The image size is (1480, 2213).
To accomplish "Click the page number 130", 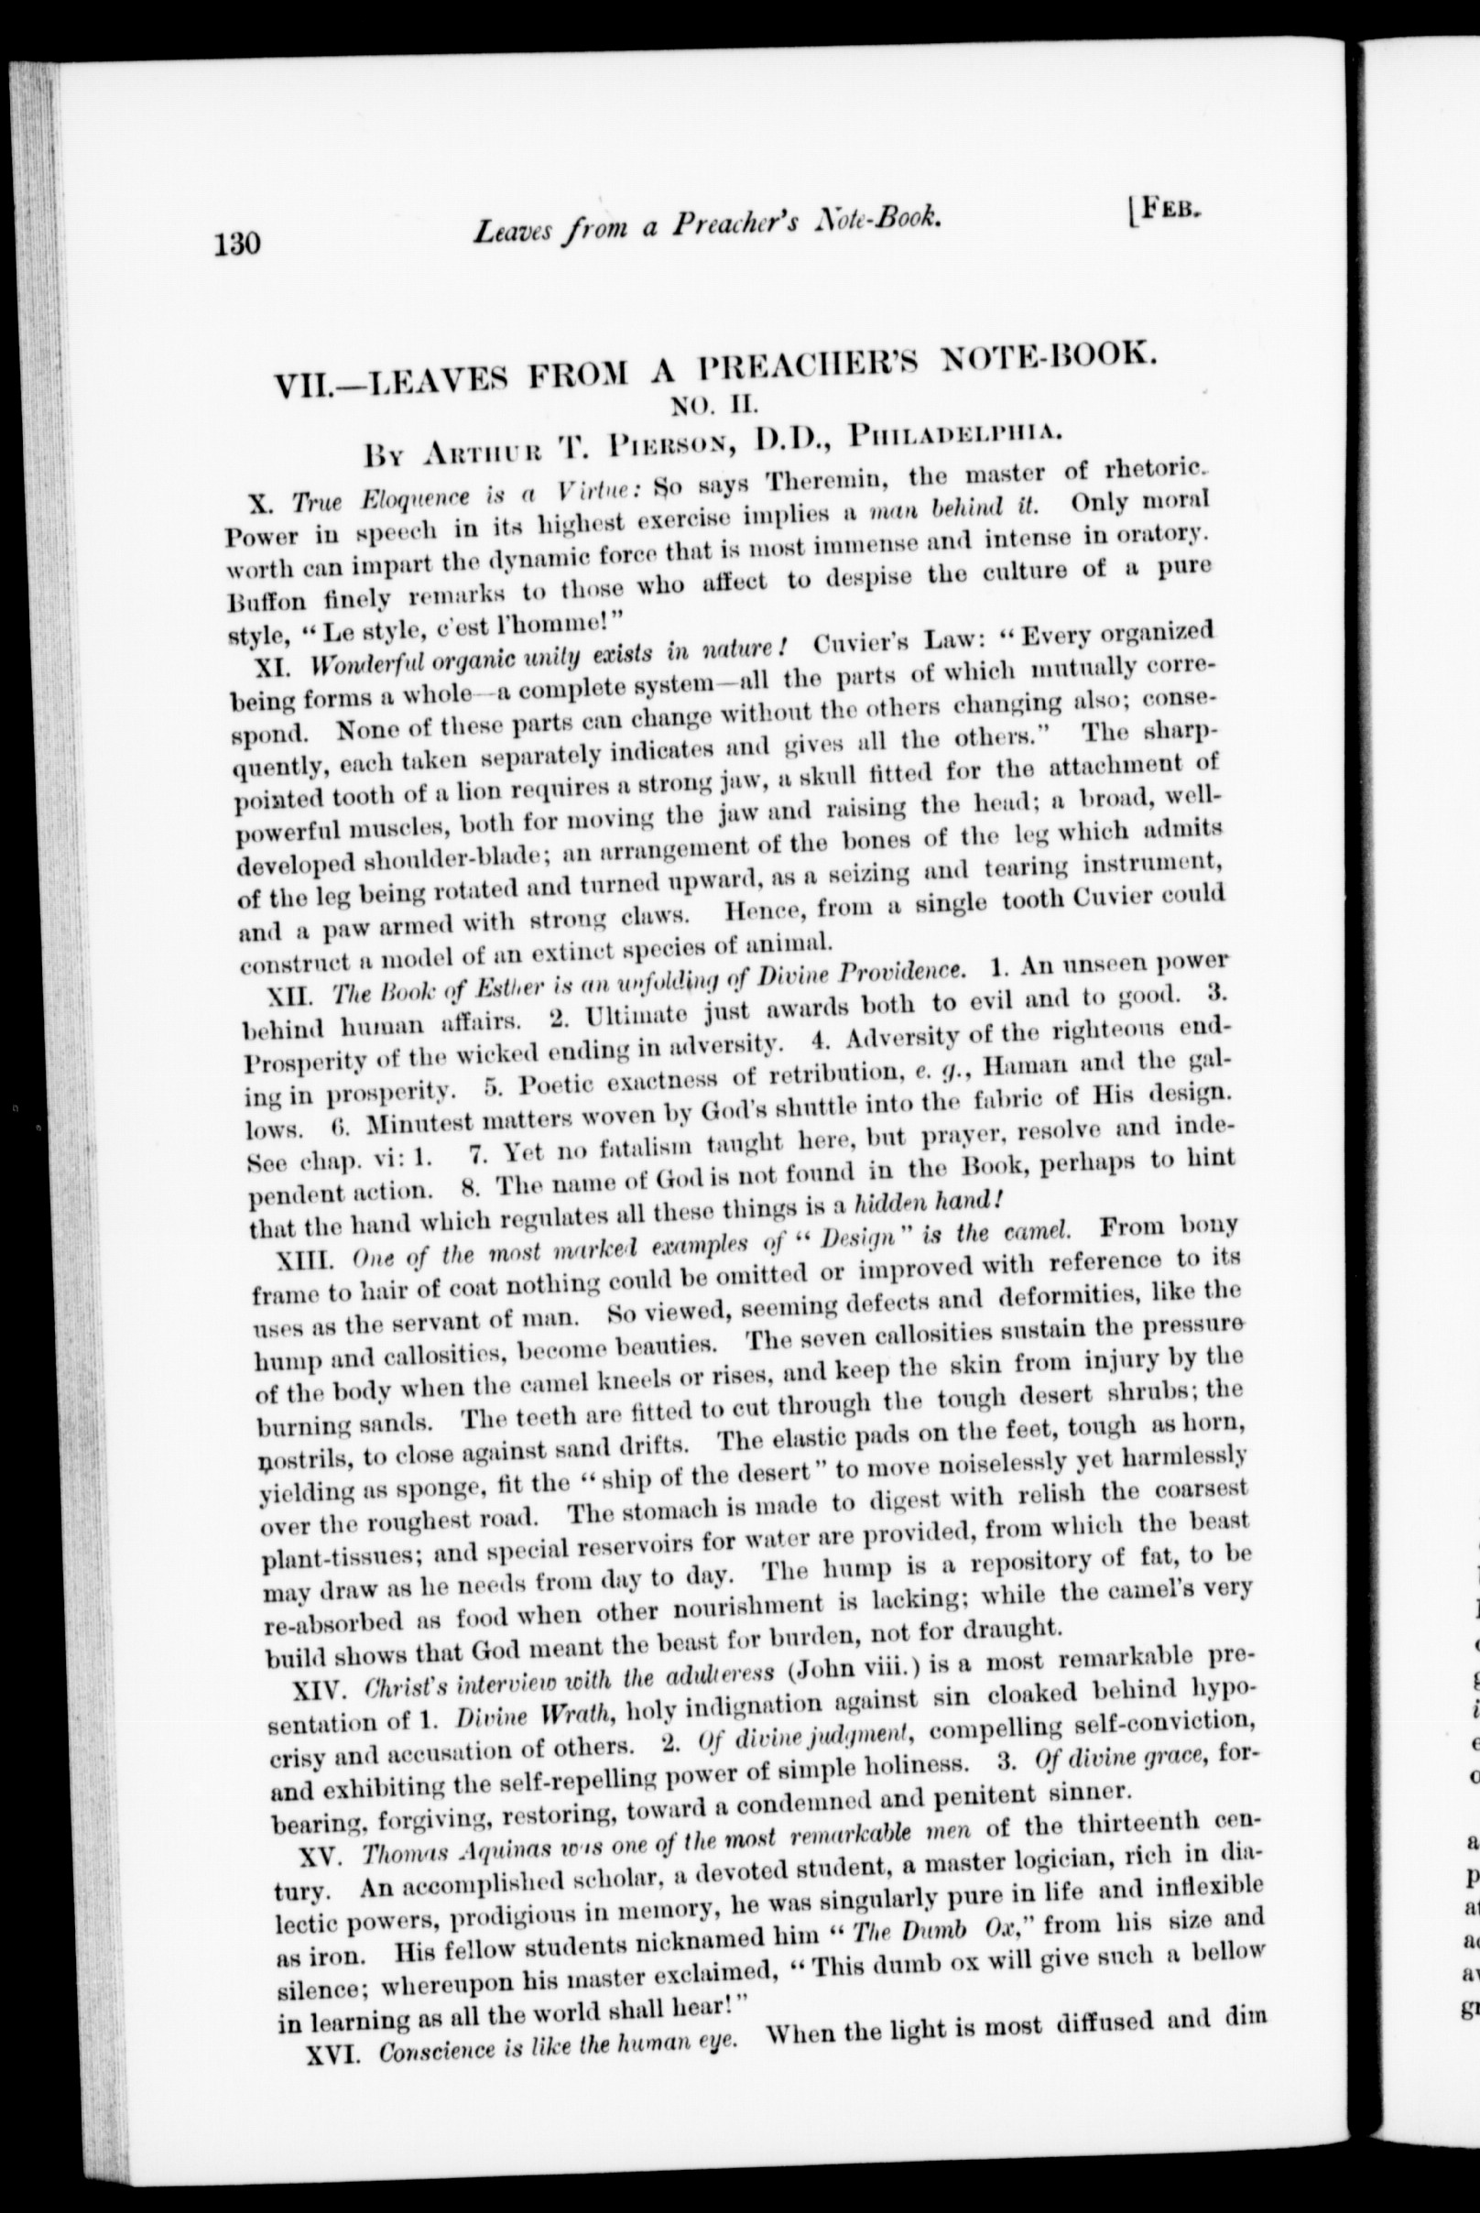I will [x=236, y=244].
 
